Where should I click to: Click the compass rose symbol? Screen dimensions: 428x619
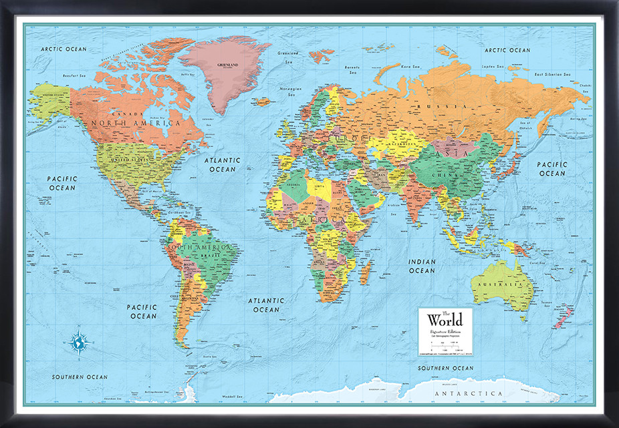click(x=79, y=342)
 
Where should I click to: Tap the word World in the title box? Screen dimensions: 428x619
click(x=445, y=320)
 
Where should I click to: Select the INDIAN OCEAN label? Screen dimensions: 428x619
click(x=422, y=266)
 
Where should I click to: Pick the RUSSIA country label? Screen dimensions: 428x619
click(x=432, y=107)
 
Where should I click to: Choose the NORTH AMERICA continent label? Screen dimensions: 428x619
click(x=136, y=124)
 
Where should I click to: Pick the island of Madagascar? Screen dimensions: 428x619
click(x=366, y=272)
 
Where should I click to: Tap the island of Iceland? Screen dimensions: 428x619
click(x=263, y=102)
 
